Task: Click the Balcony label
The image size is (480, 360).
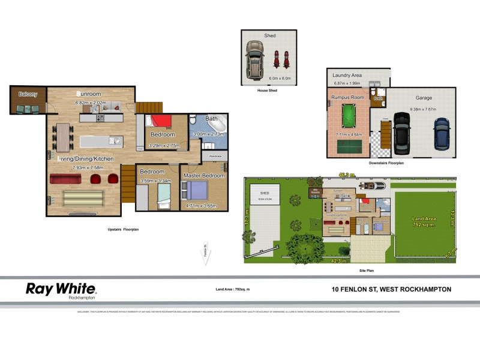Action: (28, 94)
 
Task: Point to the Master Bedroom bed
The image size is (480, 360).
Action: (195, 190)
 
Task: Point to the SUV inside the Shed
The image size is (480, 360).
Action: (255, 60)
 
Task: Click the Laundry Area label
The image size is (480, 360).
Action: (347, 75)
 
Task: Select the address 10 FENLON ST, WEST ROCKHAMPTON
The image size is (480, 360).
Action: (391, 289)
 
